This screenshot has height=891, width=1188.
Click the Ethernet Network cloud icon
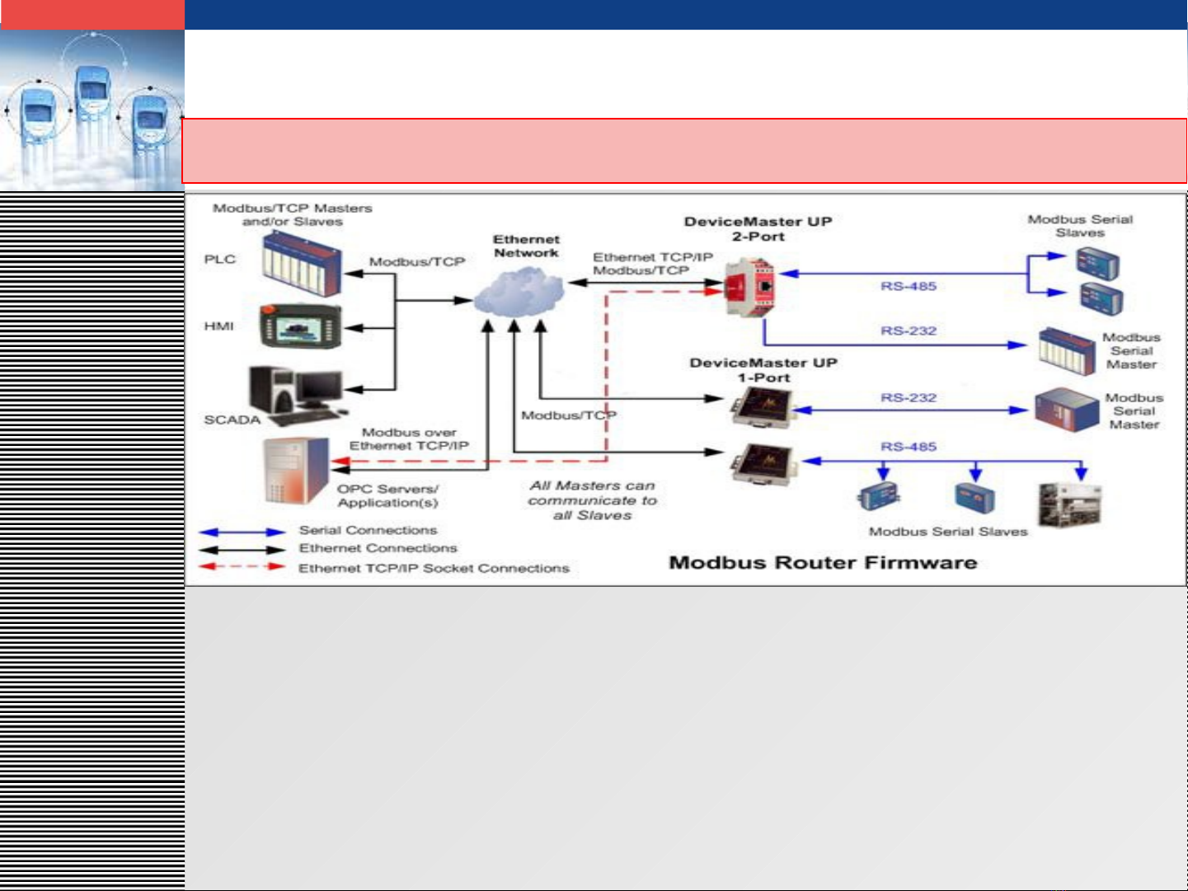(519, 293)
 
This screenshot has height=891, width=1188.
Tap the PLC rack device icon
(301, 263)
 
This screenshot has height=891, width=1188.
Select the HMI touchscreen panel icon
(300, 326)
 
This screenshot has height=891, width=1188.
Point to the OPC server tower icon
(295, 470)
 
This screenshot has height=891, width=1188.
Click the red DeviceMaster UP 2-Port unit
(749, 286)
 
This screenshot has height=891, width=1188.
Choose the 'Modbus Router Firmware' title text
(823, 563)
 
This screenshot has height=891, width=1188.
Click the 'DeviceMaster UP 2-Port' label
(758, 229)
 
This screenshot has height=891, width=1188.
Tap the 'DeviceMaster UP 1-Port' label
(763, 370)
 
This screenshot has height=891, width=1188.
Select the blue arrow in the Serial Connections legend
(242, 532)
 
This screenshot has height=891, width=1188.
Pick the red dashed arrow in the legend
(242, 567)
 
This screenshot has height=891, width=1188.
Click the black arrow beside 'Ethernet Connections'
(242, 550)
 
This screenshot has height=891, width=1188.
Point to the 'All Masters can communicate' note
(593, 500)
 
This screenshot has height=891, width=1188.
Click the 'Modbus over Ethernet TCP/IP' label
(409, 439)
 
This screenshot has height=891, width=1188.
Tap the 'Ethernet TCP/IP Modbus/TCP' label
(652, 264)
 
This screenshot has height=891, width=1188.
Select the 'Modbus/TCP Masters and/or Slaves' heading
(293, 214)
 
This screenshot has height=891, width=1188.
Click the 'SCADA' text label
(232, 420)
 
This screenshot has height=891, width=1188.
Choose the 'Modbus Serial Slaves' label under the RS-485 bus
(948, 532)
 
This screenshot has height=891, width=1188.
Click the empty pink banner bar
(684, 151)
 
